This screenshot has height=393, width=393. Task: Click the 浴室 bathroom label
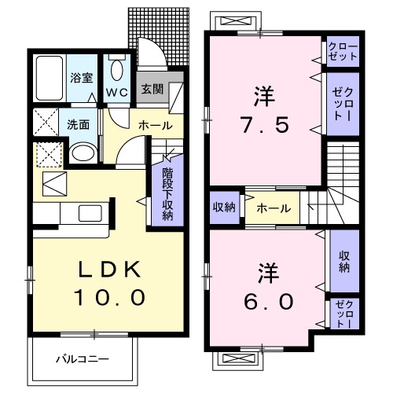pyautogui.click(x=82, y=79)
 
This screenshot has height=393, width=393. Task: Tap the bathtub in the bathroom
pyautogui.click(x=50, y=79)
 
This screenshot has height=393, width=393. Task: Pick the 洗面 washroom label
pyautogui.click(x=77, y=124)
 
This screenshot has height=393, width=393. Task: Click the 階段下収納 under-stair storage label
pyautogui.click(x=167, y=193)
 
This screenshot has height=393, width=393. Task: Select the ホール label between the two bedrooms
pyautogui.click(x=273, y=208)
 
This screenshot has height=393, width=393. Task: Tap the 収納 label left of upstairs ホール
pyautogui.click(x=224, y=208)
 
